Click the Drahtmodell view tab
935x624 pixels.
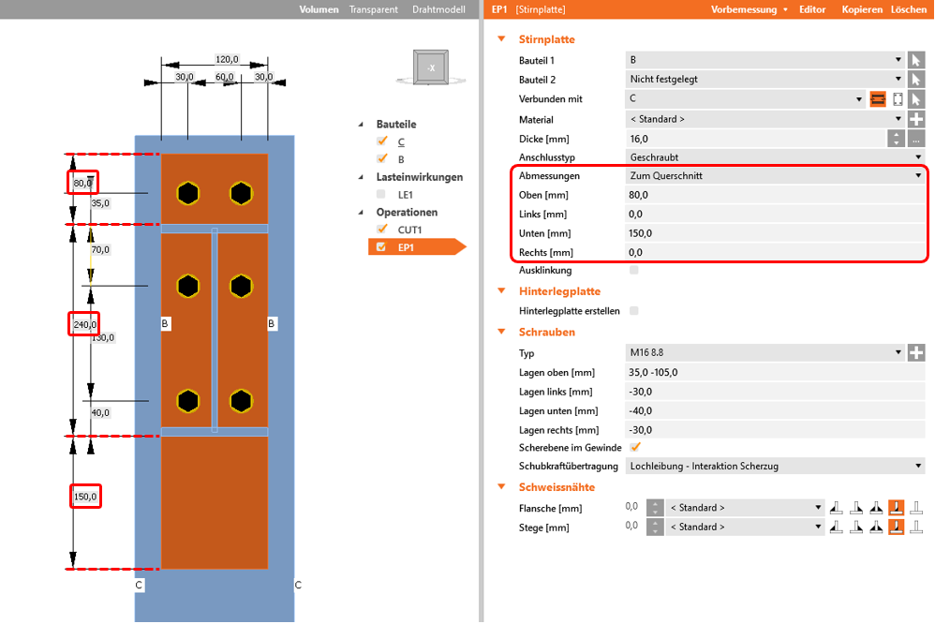coord(438,9)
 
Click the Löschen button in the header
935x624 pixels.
coord(909,9)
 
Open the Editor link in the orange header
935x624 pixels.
coord(812,9)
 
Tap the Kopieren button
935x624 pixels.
coord(862,9)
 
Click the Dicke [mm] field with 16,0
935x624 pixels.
coord(754,139)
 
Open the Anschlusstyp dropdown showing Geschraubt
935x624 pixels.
coord(774,157)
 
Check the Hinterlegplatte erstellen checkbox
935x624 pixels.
coord(635,310)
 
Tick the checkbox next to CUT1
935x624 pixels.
coord(381,230)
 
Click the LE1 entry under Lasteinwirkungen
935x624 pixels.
coord(408,194)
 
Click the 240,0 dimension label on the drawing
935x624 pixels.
coord(84,324)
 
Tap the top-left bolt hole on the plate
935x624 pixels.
coord(189,193)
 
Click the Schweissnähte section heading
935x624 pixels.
coord(557,486)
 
